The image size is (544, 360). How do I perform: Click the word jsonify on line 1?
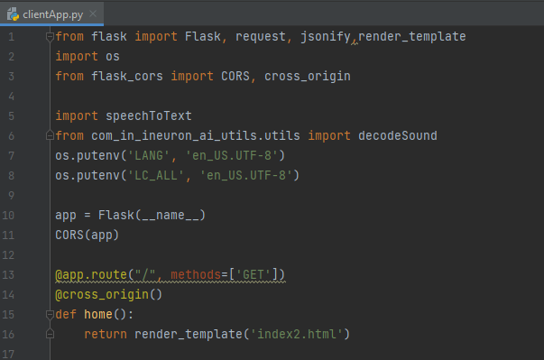[x=329, y=36]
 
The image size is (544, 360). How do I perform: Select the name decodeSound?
[x=398, y=135]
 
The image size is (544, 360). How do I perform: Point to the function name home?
[x=102, y=314]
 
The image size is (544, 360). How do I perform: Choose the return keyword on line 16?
[x=106, y=334]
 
